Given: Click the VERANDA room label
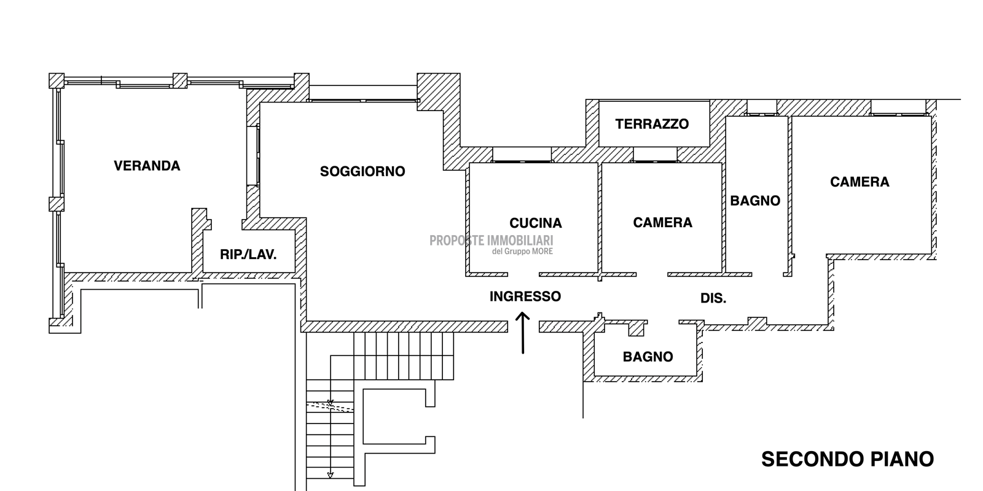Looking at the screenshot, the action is (x=147, y=166).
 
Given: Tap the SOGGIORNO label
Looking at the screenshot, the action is (x=362, y=171).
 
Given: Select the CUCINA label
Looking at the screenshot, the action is (x=535, y=223).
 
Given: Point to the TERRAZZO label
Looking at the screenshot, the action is (x=652, y=124).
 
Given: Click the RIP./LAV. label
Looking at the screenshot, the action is (x=248, y=254).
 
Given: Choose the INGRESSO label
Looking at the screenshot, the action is (x=525, y=296).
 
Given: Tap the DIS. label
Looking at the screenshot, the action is (x=713, y=298).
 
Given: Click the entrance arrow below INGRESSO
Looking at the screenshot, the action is (x=523, y=333).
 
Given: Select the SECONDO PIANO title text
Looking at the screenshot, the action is (x=847, y=459).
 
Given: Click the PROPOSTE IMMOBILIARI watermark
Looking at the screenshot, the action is (x=491, y=241).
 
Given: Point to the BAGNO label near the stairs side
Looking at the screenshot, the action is (x=648, y=357).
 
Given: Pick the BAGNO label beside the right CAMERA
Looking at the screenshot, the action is (x=755, y=201).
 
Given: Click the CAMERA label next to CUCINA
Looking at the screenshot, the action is (x=663, y=223).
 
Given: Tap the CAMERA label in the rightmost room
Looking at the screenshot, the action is (x=860, y=182).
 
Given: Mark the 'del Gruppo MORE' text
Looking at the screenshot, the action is (x=522, y=252).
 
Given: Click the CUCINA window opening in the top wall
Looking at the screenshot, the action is (x=522, y=155).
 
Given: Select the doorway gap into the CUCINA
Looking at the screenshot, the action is (x=523, y=274).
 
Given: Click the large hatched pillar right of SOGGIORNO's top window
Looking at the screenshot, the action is (x=439, y=91).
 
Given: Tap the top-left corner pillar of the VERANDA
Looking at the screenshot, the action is (x=57, y=80).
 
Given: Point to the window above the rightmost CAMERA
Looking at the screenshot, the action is (x=898, y=108).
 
